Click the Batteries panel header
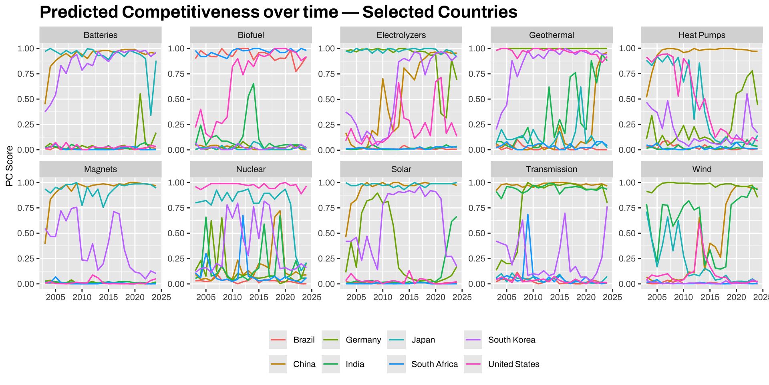[x=101, y=35]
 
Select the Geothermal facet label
[x=551, y=35]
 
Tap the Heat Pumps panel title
[x=702, y=35]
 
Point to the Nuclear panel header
[x=251, y=169]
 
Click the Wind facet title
[x=702, y=169]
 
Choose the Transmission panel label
[x=551, y=169]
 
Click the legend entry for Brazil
[x=304, y=340]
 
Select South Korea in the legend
[x=511, y=340]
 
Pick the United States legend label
[x=513, y=364]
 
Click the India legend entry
[x=355, y=364]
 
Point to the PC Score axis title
[x=10, y=166]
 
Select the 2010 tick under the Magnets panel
[x=82, y=297]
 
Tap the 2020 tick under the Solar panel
[x=435, y=297]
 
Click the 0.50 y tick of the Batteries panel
[x=26, y=99]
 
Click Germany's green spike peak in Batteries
[x=140, y=94]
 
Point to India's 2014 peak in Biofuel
[x=254, y=83]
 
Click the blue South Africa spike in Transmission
[x=528, y=214]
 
